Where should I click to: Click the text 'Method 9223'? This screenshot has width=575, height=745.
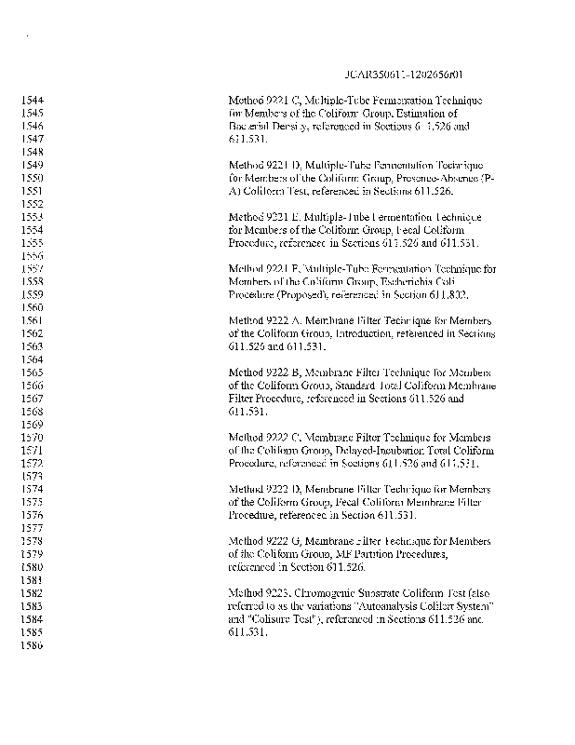click(x=255, y=592)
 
